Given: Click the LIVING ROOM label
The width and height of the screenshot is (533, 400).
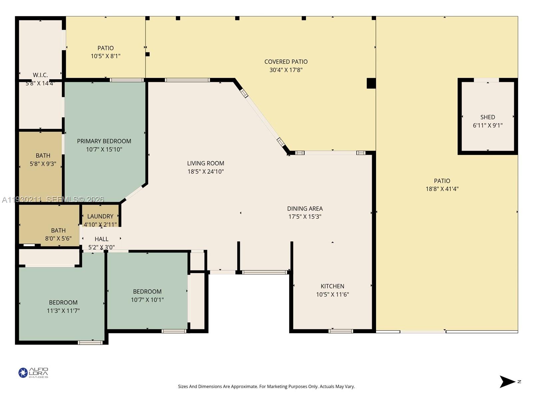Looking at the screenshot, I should tap(205, 163).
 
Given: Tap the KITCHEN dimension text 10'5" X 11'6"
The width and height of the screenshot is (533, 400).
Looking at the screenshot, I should tap(332, 294).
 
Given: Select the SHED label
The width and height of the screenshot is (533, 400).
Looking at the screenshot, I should tap(487, 117).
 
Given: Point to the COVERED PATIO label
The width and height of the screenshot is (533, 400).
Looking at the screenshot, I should tap(286, 62).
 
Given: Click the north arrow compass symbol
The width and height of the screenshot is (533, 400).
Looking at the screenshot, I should tap(508, 382).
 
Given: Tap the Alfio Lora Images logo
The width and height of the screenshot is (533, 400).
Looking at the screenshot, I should tap(33, 373).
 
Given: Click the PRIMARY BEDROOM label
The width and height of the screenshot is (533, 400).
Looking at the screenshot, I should tap(104, 141).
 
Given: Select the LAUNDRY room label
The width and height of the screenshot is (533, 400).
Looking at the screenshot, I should tap(100, 216).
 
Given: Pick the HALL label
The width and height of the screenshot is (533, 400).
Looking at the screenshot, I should tap(101, 239).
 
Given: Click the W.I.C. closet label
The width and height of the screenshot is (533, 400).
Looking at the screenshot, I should tap(40, 75).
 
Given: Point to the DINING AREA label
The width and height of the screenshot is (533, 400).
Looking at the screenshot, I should tap(305, 209).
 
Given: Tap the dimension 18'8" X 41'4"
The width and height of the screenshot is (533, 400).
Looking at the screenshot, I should tap(442, 189).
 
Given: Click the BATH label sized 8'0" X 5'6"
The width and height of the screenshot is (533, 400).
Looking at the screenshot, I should tap(58, 230).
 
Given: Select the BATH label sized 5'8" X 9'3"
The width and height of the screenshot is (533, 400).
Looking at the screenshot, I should tap(43, 155).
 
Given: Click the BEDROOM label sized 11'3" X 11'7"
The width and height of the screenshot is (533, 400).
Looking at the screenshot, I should tap(63, 302).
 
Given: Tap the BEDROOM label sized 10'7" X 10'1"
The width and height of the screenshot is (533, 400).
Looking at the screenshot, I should tap(147, 291).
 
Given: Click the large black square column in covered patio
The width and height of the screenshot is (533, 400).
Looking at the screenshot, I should tap(371, 83).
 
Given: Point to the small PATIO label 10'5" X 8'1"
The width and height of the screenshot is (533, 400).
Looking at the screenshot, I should tap(106, 48).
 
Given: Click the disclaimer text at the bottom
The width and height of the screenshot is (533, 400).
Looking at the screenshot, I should tap(266, 387).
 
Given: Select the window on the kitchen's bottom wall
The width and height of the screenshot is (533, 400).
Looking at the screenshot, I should tap(340, 331).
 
